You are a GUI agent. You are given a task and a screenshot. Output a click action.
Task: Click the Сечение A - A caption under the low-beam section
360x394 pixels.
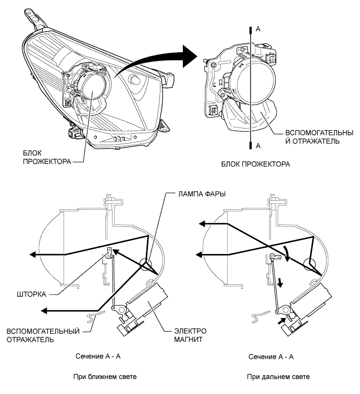coord(99,357)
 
